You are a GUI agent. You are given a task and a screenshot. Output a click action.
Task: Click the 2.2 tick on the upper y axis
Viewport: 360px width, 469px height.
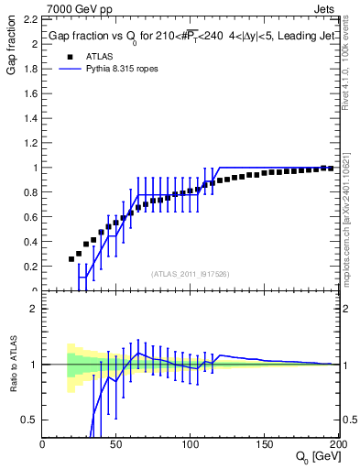click(28, 18)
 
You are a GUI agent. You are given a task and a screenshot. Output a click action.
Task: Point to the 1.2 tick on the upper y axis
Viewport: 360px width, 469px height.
click(28, 143)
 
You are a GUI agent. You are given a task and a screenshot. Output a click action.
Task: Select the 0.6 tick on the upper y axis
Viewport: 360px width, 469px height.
click(28, 217)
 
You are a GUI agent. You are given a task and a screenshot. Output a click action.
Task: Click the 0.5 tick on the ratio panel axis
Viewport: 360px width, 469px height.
click(28, 420)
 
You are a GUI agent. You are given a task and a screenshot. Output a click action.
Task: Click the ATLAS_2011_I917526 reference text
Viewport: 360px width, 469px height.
click(189, 274)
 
